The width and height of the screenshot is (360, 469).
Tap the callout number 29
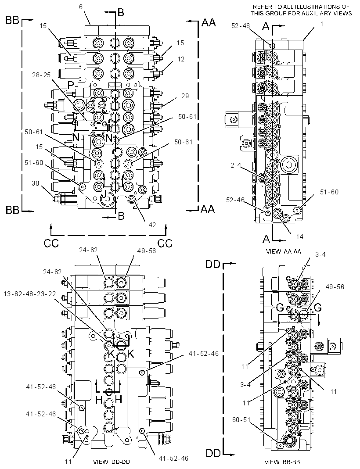pos(185,96)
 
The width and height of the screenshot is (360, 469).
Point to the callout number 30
pos(35,183)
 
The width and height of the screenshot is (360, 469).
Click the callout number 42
pos(152,225)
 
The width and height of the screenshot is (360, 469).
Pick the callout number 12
pos(181,59)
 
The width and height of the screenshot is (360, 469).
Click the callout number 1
pos(322,24)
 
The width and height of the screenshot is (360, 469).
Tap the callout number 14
pos(299,236)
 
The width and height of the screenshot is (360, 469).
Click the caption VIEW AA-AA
pos(283,251)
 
